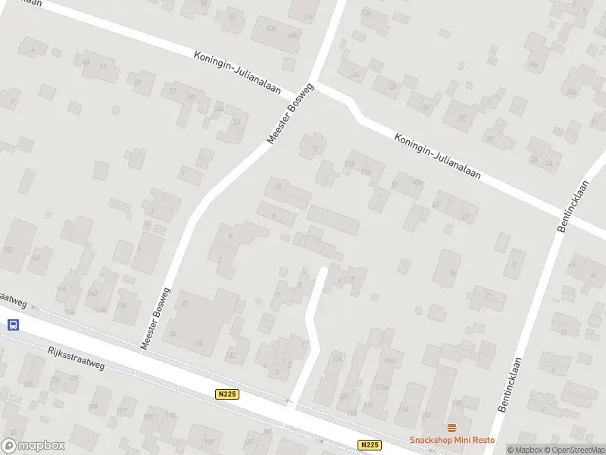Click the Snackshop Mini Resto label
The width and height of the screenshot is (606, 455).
click(x=451, y=441)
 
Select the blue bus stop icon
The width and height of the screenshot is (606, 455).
click(x=13, y=325)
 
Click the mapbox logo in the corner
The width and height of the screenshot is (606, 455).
click(x=33, y=446)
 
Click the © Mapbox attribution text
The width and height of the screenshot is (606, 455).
click(x=523, y=450)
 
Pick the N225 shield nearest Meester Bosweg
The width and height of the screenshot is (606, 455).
click(x=226, y=394)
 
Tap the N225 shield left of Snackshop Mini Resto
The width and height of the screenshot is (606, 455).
click(x=369, y=445)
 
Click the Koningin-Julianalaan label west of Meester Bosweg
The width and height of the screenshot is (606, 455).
click(x=236, y=72)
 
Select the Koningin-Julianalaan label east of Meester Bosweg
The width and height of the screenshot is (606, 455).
click(x=438, y=155)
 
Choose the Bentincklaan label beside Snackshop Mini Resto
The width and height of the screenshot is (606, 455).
click(x=511, y=384)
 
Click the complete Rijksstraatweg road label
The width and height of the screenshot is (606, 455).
click(x=75, y=357)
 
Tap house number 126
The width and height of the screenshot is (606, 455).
click(x=338, y=359)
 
